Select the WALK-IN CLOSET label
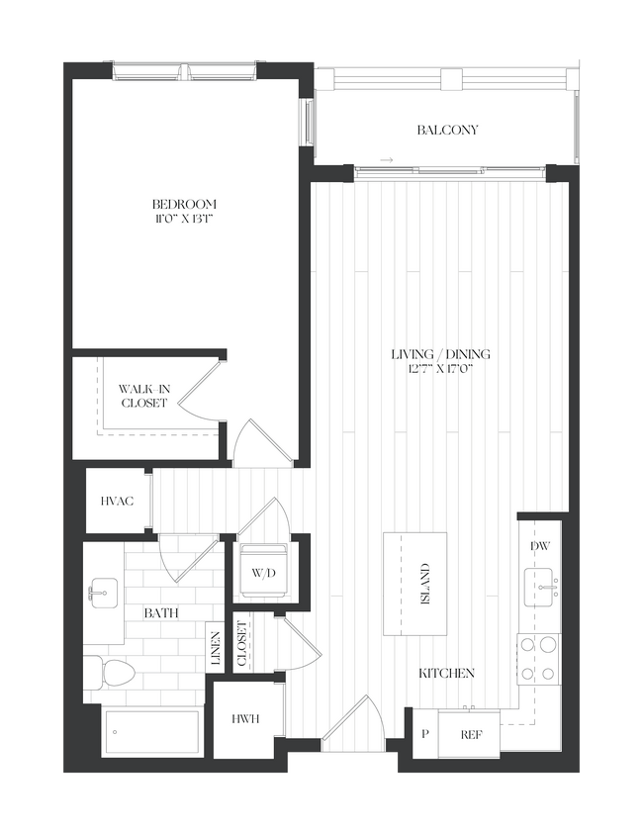tap(144, 396)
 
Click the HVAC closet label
tap(117, 502)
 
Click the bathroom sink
tap(102, 598)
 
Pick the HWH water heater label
tap(247, 719)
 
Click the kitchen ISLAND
tap(415, 584)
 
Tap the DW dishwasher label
tap(540, 545)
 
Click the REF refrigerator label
tap(471, 736)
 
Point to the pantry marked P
tap(425, 736)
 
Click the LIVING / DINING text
tap(440, 354)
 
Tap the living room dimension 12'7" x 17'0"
tap(440, 369)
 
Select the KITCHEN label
tap(446, 673)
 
